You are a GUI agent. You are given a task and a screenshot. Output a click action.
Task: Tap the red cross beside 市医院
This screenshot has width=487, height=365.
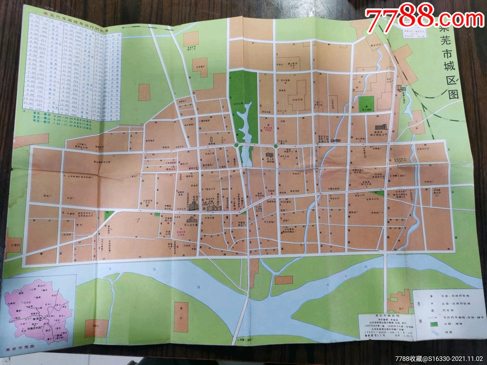[x=271, y=194]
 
